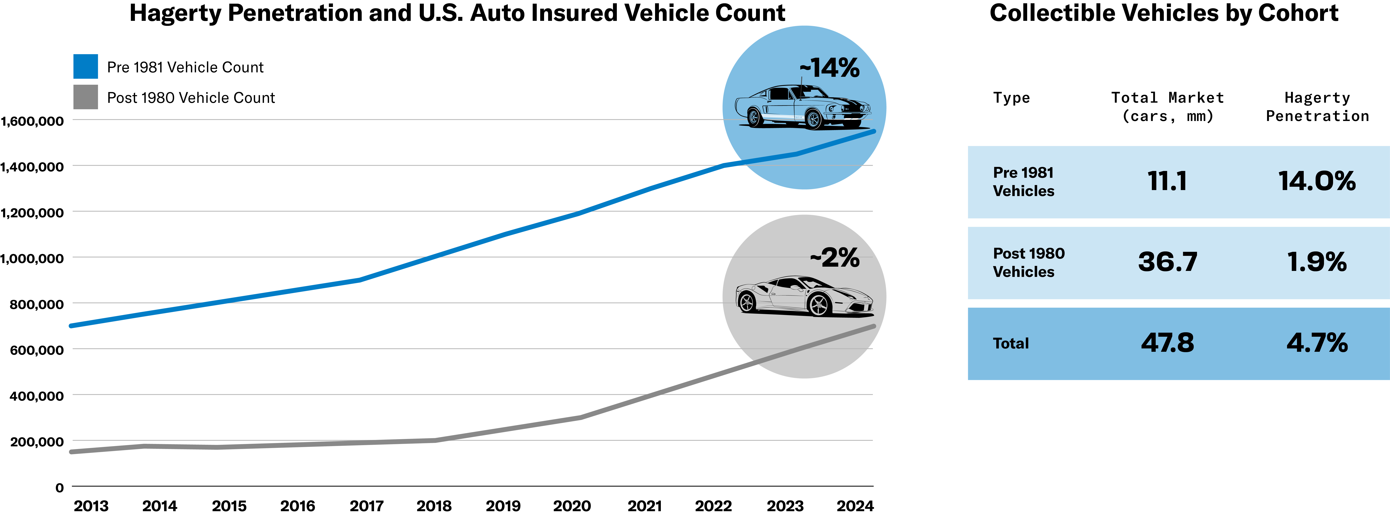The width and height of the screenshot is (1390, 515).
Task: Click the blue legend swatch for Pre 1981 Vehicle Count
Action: (85, 66)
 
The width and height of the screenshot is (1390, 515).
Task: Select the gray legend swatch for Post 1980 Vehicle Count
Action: (85, 97)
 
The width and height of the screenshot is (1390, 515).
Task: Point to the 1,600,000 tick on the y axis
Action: (32, 121)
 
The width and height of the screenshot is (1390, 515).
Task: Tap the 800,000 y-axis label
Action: (37, 304)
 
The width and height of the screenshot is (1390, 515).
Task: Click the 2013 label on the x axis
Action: (91, 506)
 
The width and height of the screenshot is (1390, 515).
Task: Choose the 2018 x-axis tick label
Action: (434, 506)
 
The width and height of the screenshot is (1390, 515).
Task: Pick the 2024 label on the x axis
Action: (855, 506)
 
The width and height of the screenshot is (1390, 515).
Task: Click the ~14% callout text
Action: (829, 68)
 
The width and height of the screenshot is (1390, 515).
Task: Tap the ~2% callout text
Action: (835, 258)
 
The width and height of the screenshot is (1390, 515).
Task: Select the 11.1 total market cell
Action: (1167, 181)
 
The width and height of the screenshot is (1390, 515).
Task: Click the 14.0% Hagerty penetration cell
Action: (1317, 181)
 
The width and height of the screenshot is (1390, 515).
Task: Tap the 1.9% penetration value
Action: (1317, 262)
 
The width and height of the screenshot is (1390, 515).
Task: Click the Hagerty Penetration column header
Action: (1317, 107)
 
